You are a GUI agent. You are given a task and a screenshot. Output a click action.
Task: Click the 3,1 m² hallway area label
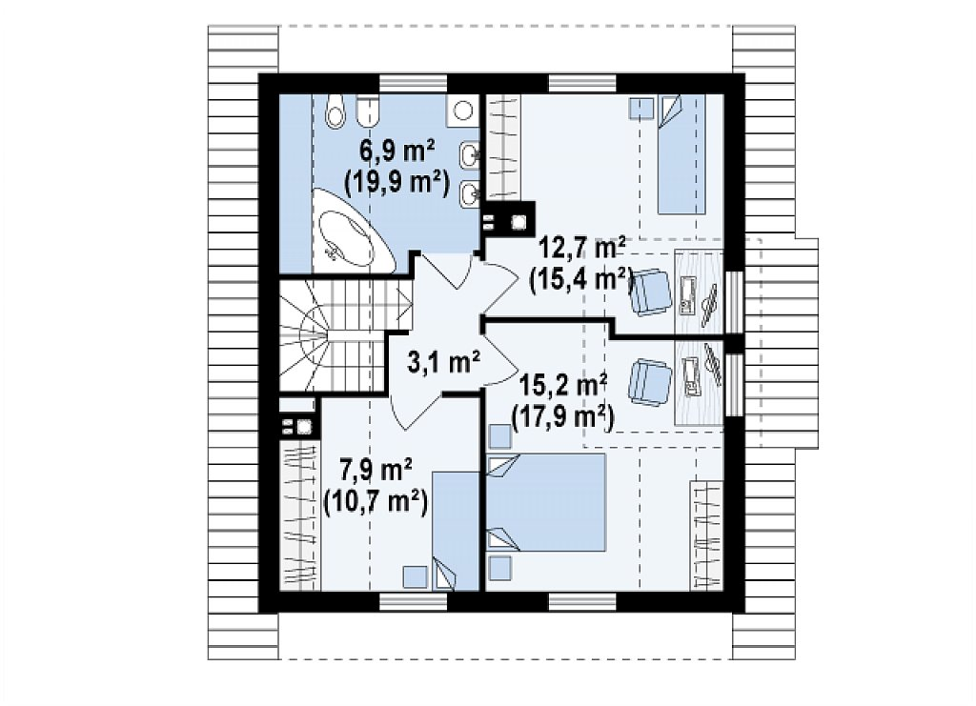tap(443, 362)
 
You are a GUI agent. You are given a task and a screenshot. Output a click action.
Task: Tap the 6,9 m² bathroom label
tap(397, 152)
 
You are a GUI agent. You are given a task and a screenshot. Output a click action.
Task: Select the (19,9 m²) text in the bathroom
tap(397, 183)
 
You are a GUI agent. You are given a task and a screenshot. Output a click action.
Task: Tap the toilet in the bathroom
tap(335, 111)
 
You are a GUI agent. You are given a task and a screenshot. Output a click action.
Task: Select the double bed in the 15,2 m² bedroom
tap(546, 502)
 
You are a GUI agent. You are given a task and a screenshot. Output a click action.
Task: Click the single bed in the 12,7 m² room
tap(682, 154)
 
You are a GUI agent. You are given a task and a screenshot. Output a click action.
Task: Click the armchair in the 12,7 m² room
tap(651, 292)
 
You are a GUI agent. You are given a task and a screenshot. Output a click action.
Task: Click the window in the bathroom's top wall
tap(414, 83)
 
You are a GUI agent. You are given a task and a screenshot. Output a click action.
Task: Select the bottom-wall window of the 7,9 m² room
tap(414, 601)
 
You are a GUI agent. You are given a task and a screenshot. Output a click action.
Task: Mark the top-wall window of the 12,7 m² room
tap(582, 83)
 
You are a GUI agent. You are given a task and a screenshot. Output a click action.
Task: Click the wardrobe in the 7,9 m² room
tap(300, 514)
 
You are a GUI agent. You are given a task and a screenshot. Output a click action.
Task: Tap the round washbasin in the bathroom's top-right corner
tap(462, 111)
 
